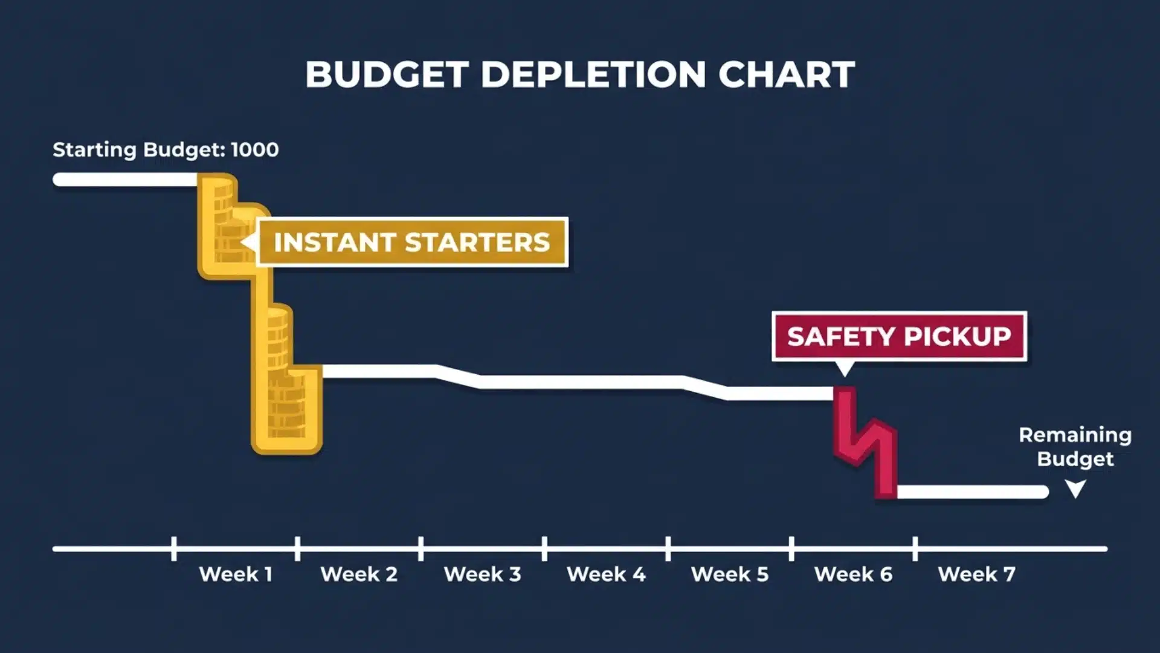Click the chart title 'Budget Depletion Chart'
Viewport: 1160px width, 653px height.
[580, 74]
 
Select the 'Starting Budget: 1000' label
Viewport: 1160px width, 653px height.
[166, 149]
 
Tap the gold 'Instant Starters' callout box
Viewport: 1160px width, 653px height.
[412, 242]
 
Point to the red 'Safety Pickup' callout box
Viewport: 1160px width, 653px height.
[899, 336]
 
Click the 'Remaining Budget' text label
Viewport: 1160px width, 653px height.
[1075, 447]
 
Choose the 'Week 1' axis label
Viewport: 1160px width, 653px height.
[236, 574]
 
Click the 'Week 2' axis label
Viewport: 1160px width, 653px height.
[359, 574]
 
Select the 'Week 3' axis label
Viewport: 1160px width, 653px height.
[482, 574]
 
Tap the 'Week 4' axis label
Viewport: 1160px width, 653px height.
[606, 574]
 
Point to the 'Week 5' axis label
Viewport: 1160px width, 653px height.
[730, 574]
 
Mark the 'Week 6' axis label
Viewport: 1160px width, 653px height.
[853, 574]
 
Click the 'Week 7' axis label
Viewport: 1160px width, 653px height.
[976, 574]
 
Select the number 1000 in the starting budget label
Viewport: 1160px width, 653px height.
[254, 149]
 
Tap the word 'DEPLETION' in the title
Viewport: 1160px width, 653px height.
[593, 74]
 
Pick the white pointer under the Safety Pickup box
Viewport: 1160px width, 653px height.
[845, 368]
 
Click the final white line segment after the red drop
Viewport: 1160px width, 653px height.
[973, 492]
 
